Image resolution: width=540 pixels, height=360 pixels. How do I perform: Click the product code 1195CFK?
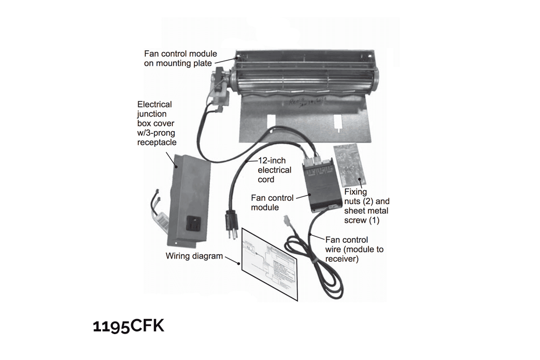[x=128, y=327]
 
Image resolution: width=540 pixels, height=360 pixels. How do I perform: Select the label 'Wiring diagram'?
[x=194, y=256]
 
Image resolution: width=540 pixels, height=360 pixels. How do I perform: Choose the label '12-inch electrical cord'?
[x=273, y=170]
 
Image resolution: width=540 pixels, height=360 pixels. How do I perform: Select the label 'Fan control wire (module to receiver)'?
[x=347, y=249]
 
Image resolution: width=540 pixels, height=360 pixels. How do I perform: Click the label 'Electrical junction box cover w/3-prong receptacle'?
[x=157, y=123]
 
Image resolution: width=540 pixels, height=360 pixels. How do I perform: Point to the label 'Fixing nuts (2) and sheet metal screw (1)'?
[x=366, y=206]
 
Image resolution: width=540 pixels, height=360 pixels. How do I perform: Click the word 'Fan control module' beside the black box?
[x=273, y=202]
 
